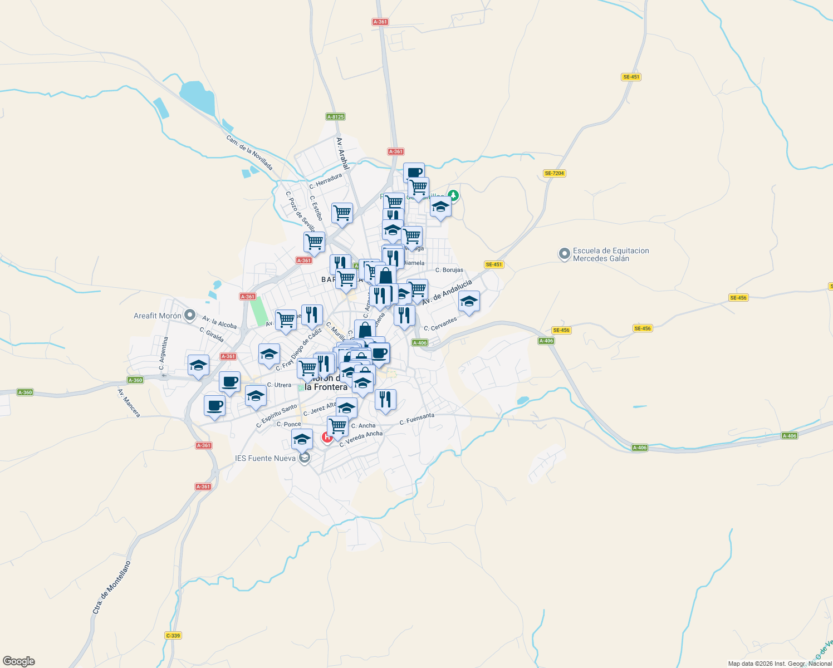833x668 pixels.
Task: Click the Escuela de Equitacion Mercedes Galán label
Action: tap(610, 254)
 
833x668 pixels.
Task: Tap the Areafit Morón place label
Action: tap(158, 316)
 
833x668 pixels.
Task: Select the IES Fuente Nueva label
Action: tap(265, 458)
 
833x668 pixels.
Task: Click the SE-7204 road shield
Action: tap(554, 173)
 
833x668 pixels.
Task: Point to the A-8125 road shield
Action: tap(335, 117)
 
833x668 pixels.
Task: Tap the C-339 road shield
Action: tap(173, 636)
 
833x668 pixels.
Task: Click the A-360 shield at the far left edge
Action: tap(25, 392)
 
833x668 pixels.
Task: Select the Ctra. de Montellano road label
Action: tap(112, 587)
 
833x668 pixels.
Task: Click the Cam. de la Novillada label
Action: tap(249, 153)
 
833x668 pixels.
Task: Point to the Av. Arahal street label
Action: tap(342, 154)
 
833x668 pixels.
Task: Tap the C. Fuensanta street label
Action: tap(416, 419)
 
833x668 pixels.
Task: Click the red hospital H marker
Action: tap(327, 438)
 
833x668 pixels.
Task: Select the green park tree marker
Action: tap(454, 195)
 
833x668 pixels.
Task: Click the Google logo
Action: tap(19, 661)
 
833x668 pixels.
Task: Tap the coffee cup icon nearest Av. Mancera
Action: tap(214, 406)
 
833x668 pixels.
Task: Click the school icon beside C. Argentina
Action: tap(198, 366)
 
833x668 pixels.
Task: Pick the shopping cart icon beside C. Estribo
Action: tap(342, 213)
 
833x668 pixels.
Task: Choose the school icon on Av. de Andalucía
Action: tap(469, 301)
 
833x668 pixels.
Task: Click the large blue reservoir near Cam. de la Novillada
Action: tap(197, 97)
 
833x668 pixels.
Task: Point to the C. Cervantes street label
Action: tap(440, 324)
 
